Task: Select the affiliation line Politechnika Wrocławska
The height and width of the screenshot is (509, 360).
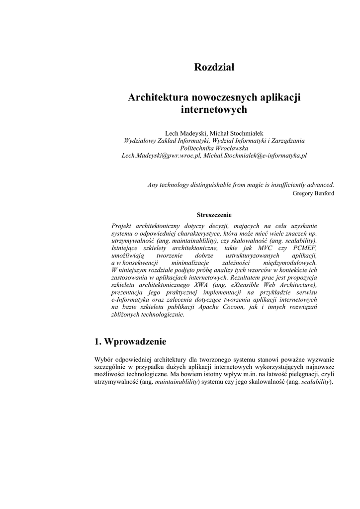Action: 214,148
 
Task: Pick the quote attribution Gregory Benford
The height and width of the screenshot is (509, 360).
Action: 313,193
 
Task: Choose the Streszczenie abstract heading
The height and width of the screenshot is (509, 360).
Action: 214,215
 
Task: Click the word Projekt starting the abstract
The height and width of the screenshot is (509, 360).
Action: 122,226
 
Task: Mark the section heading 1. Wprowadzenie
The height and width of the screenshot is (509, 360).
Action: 130,341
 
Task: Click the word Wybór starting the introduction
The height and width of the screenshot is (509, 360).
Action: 104,360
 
